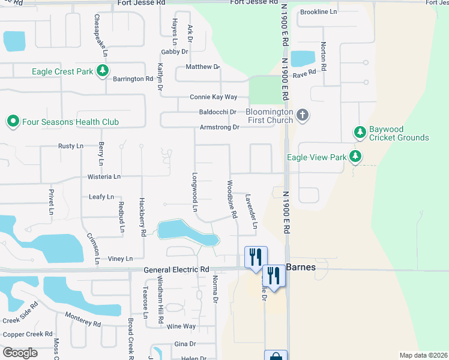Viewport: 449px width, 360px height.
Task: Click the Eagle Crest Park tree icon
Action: [103, 72]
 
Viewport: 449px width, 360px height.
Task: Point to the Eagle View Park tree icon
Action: [356, 157]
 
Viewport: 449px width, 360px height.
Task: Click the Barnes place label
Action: [300, 267]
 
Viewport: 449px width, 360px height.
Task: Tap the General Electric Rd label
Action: [176, 270]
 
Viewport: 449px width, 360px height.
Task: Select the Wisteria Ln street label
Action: [104, 177]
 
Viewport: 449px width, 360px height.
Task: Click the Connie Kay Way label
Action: [214, 97]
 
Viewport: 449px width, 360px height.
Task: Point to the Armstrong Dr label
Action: [219, 127]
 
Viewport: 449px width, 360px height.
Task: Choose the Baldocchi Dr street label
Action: [218, 112]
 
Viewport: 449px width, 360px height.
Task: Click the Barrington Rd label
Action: [133, 79]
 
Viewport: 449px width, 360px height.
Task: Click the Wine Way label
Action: [181, 326]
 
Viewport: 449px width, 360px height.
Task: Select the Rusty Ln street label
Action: [70, 146]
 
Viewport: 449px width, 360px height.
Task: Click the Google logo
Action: [20, 353]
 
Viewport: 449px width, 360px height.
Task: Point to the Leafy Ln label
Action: [101, 197]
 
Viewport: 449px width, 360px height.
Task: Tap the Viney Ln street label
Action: [120, 259]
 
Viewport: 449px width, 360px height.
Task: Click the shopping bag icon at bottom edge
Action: [276, 356]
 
